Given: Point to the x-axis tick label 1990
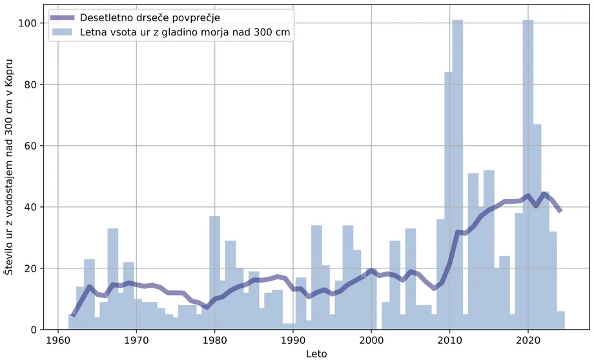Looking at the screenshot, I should (x=293, y=341).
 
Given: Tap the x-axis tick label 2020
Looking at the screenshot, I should (x=528, y=341).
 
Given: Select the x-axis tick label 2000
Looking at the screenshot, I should (x=371, y=341).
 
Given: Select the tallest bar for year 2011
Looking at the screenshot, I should (x=458, y=174).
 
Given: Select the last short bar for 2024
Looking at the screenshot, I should (x=561, y=321).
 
